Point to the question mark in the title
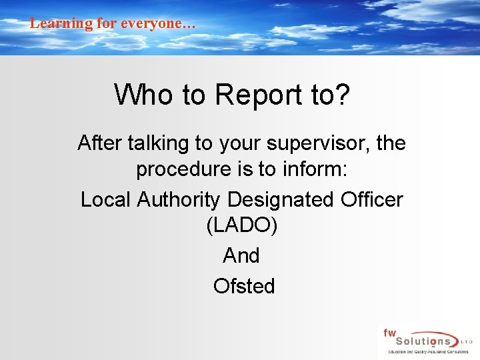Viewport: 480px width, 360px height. (342, 95)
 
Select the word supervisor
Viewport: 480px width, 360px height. (312, 143)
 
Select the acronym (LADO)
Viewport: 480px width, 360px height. (242, 225)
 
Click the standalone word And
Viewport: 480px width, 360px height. (241, 255)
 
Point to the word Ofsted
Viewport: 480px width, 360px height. (243, 286)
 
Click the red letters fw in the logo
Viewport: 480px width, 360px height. (389, 331)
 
